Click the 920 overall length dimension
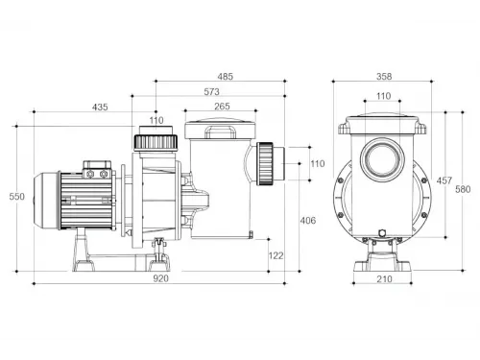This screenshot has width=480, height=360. pos(160,278)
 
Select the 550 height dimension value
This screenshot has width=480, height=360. pos(16,197)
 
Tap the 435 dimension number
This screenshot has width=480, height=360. pos(100,108)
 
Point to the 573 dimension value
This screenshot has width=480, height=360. pos(211,92)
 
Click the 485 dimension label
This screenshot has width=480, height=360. pos(226,77)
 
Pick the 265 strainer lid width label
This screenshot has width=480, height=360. pos(222,107)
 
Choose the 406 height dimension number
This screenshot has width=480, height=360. pos(308,221)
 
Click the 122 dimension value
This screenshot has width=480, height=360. pos(276,255)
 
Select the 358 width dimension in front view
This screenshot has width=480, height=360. pos(384,77)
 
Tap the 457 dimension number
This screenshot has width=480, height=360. pos(444,180)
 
